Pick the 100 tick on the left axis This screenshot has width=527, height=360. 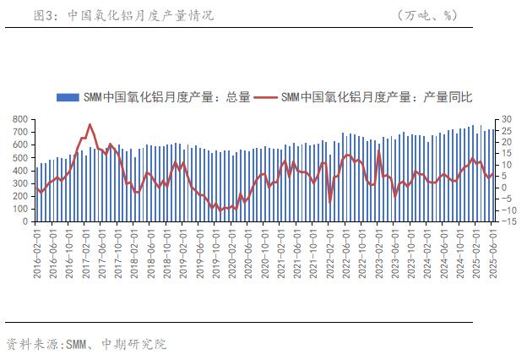pyautogui.click(x=23, y=208)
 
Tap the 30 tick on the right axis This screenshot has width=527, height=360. pyautogui.click(x=505, y=120)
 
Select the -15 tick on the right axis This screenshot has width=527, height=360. pyautogui.click(x=507, y=221)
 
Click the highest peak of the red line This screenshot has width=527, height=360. pyautogui.click(x=90, y=125)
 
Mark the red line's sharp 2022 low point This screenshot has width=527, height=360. pyautogui.click(x=329, y=202)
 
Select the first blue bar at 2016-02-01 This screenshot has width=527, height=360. pyautogui.click(x=37, y=194)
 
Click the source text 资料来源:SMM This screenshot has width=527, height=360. pyautogui.click(x=46, y=344)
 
